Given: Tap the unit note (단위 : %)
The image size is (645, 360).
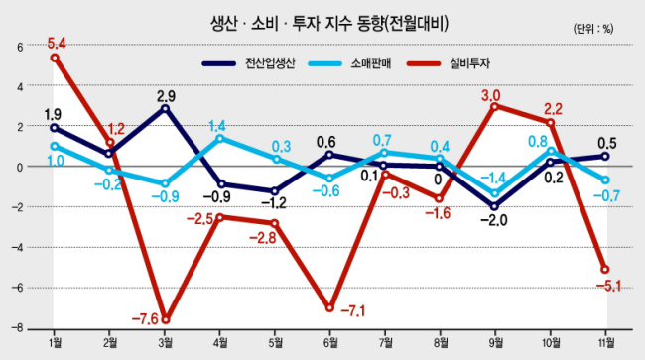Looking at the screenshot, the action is tap(593, 29).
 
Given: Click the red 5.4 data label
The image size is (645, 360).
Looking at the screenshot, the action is tap(57, 43).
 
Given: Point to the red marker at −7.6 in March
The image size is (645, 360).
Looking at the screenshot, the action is tap(166, 319).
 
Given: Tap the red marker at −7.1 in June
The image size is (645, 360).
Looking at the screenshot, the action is tap(329, 307).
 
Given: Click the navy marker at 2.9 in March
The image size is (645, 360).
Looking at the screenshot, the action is tap(166, 108).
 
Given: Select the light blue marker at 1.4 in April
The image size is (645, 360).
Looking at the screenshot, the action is tap(220, 138).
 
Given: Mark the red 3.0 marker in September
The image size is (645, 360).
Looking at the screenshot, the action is tap(495, 106).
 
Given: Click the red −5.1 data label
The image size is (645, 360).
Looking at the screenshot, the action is tap(608, 285).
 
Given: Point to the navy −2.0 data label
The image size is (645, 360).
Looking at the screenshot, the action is tap(494, 221).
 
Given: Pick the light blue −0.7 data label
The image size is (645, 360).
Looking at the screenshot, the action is tap(606, 196).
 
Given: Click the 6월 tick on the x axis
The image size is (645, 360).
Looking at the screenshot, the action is tap(330, 342).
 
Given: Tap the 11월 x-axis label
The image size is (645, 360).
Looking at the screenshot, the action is tap(605, 342).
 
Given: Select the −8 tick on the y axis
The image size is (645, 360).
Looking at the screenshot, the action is tap(17, 329).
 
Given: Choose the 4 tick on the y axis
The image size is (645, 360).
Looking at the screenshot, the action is tap(20, 86).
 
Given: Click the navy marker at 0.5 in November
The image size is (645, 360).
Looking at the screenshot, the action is tap(605, 156).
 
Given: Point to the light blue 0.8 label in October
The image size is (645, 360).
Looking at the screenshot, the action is tap(538, 142).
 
